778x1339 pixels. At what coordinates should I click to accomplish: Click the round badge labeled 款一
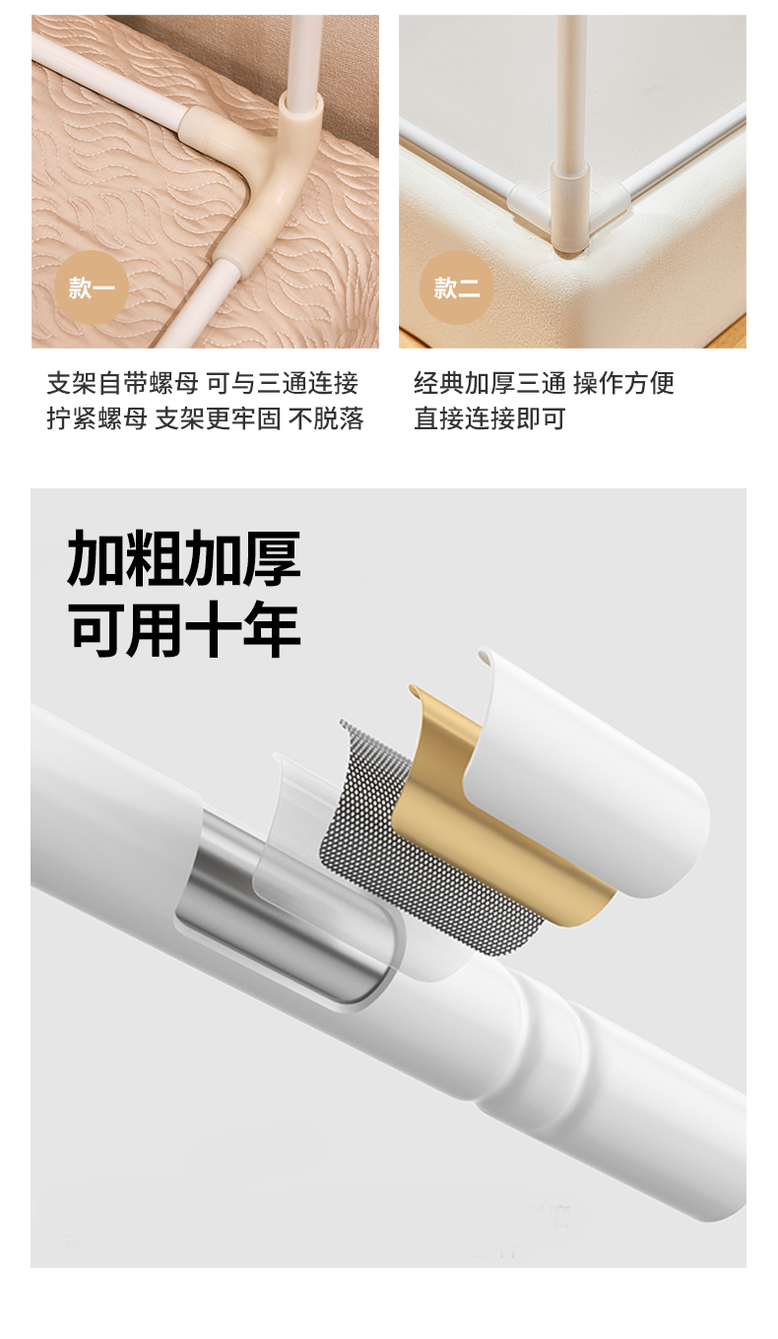(x=91, y=287)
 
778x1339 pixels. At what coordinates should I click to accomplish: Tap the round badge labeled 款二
(x=457, y=287)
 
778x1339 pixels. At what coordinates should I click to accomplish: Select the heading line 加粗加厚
(x=184, y=557)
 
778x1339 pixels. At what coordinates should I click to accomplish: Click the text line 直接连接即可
(x=489, y=418)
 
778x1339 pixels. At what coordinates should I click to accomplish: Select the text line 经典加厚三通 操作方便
(x=545, y=383)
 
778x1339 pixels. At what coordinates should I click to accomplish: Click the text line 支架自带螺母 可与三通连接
(x=203, y=383)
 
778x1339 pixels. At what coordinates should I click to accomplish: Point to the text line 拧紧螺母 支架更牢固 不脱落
(x=205, y=418)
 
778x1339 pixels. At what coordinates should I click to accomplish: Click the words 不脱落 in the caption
(x=326, y=418)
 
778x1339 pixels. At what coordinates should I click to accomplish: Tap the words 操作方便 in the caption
(x=623, y=383)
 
